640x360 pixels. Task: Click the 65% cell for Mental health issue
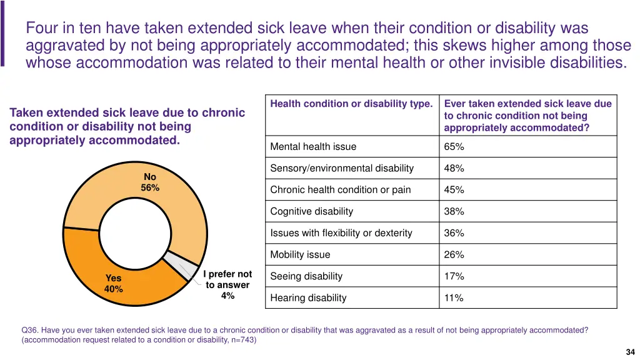(454, 147)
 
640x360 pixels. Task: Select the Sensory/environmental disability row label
(342, 168)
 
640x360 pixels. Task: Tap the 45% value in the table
(454, 190)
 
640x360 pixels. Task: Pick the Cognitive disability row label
(311, 211)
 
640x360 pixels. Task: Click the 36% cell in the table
(454, 233)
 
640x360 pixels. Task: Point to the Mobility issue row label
(300, 255)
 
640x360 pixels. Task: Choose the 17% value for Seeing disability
(454, 276)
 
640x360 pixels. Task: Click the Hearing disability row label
(308, 298)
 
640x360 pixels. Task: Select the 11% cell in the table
(454, 298)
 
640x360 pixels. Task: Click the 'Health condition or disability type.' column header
(351, 104)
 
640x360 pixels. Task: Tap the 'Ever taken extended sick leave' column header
(527, 116)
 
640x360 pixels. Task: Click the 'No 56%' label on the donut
(150, 182)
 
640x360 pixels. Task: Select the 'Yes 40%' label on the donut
(114, 284)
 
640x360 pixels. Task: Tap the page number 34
(629, 352)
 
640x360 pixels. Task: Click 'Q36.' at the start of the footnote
(30, 330)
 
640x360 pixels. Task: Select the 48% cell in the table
(454, 168)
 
